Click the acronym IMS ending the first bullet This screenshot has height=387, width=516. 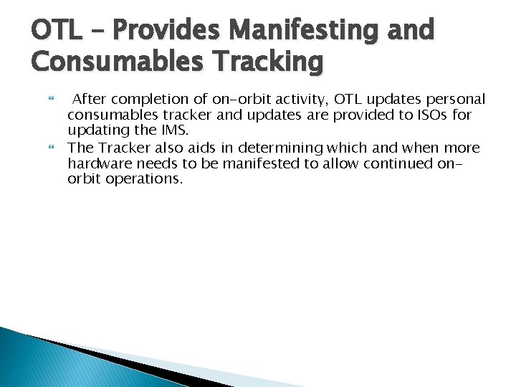coord(174,130)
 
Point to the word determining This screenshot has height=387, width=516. coord(285,148)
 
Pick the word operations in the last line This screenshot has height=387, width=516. coord(141,179)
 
